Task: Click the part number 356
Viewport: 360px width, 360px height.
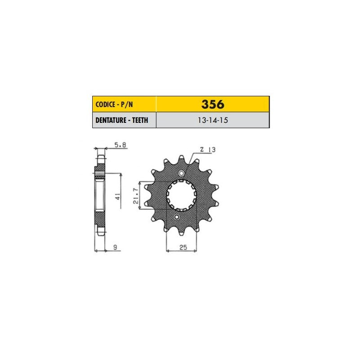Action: (x=212, y=104)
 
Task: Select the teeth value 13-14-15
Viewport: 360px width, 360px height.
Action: (x=213, y=120)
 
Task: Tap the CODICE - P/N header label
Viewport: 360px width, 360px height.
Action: (x=114, y=105)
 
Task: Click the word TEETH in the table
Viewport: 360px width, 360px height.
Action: (x=140, y=120)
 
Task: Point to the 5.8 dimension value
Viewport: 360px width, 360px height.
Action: (x=120, y=145)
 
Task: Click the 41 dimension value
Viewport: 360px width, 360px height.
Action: (x=117, y=197)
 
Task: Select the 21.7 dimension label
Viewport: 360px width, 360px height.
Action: (x=136, y=196)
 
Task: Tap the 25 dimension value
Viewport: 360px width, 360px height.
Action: (x=183, y=247)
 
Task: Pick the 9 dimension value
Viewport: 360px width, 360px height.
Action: (x=115, y=247)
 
